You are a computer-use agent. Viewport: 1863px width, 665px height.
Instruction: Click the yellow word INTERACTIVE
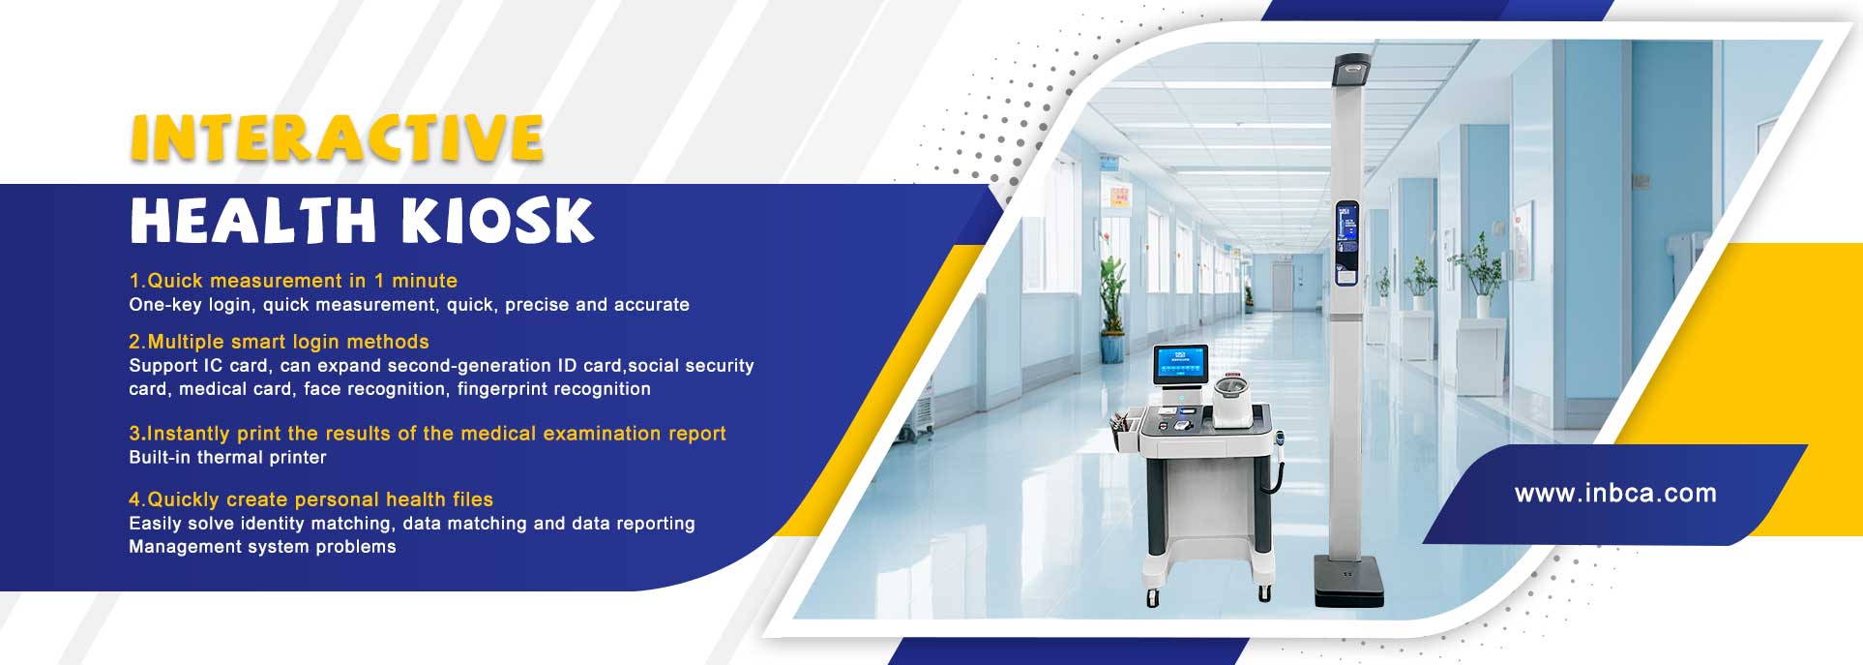[x=337, y=137]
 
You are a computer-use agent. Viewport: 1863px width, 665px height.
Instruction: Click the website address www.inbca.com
[x=1615, y=494]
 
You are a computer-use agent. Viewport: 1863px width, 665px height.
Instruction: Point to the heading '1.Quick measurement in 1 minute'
[x=293, y=281]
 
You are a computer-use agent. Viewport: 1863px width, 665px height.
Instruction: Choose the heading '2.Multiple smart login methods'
[x=279, y=342]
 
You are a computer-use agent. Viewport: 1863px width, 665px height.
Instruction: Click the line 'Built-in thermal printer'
[x=227, y=457]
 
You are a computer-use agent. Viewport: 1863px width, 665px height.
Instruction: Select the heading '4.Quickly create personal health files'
[x=310, y=499]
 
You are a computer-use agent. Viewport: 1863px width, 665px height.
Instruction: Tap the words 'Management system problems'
[x=262, y=547]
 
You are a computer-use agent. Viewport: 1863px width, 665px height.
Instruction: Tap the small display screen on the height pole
[x=1347, y=243]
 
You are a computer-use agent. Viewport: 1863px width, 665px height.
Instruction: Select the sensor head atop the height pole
[x=1352, y=68]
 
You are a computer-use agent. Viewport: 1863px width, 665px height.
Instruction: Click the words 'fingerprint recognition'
[x=554, y=389]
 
